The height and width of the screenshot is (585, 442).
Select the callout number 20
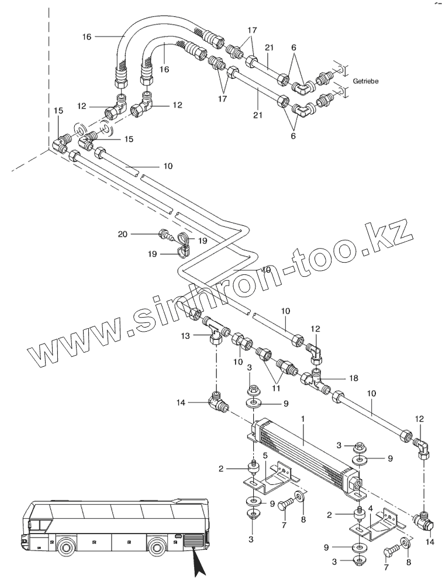pos(122,234)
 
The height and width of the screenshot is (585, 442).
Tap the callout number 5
pos(265,455)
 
